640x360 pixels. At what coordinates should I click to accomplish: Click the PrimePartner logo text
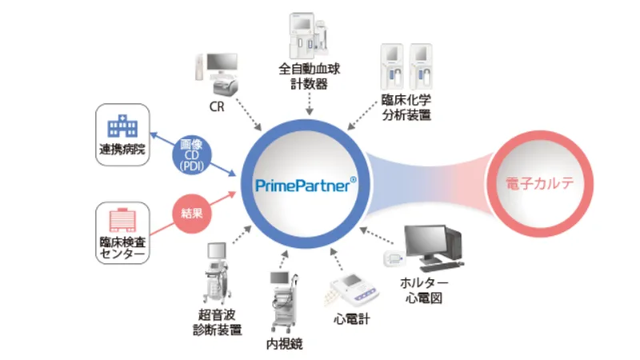click(306, 185)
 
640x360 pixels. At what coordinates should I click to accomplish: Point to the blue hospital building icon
click(122, 125)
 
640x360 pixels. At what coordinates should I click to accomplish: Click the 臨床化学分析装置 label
click(406, 107)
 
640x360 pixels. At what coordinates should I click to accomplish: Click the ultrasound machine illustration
click(222, 272)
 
